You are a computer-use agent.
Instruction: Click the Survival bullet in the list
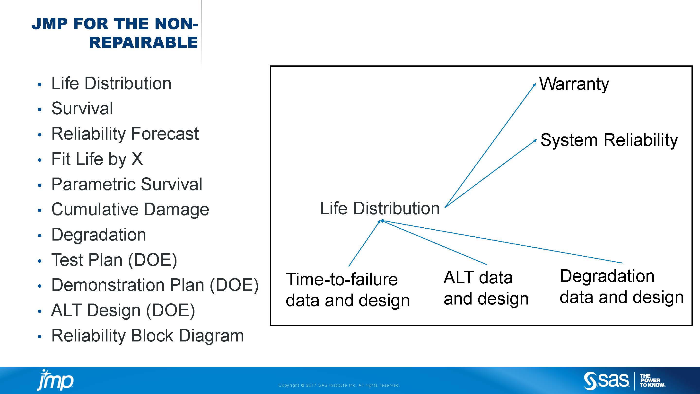pos(82,108)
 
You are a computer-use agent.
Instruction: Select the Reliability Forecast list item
pos(125,134)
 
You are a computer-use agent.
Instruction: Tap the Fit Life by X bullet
pos(97,159)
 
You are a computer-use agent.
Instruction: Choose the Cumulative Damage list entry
pos(130,210)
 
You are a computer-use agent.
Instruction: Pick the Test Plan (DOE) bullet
pos(114,260)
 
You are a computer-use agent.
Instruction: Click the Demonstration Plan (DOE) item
pos(155,285)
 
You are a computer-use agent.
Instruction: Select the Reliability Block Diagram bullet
pos(148,336)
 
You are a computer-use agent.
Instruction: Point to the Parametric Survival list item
pos(127,184)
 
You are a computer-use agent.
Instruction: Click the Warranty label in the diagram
pos(574,84)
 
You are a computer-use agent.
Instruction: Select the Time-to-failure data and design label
pos(348,290)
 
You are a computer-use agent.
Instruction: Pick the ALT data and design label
pos(486,288)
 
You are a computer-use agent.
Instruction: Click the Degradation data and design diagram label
pos(621,287)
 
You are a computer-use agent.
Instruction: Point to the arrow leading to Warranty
pos(490,145)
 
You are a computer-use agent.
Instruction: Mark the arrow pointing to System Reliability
pos(490,173)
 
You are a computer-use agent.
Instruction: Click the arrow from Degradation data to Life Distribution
pos(502,242)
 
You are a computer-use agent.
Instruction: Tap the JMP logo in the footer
pos(55,380)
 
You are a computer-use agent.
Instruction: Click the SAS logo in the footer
pos(606,381)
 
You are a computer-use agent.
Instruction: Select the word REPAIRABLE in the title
pos(143,43)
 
